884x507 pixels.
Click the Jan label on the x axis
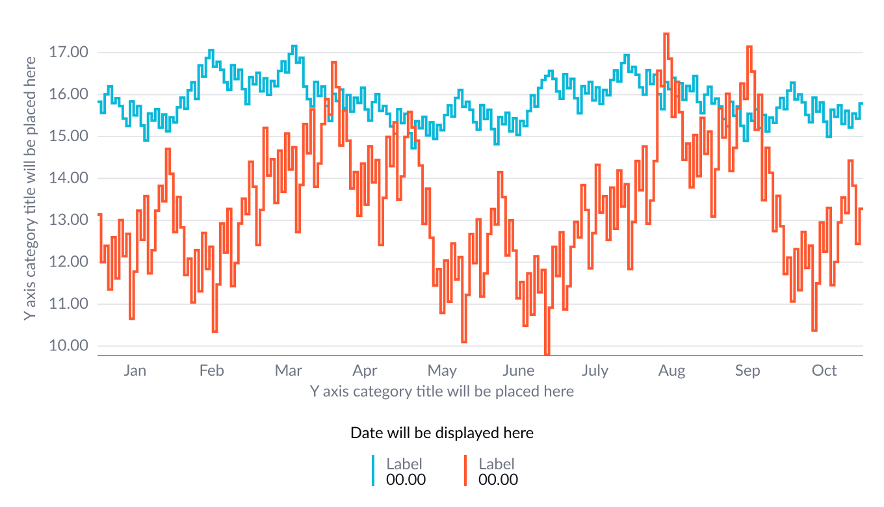pos(135,370)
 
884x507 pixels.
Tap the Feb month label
pos(211,370)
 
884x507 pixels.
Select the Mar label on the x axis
pos(288,370)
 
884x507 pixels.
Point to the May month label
pos(442,370)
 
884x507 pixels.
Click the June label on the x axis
pos(518,370)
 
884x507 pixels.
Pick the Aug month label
pos(671,370)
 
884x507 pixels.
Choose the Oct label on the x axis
pos(824,370)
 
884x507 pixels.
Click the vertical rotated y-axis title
pos(29,187)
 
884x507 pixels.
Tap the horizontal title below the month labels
pos(442,391)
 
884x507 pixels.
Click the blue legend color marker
pos(373,471)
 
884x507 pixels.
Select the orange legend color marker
pos(465,471)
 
